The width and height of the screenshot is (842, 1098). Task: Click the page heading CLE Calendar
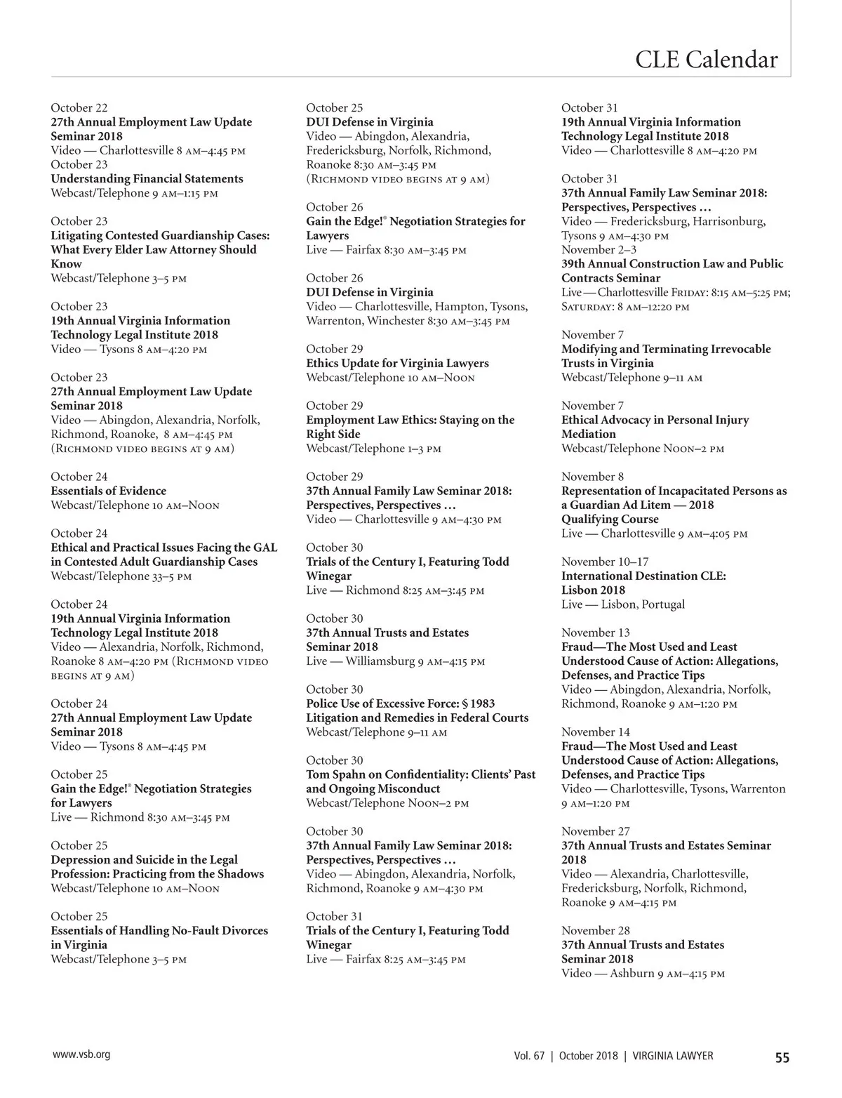point(706,59)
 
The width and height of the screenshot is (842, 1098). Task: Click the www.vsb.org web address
point(81,1054)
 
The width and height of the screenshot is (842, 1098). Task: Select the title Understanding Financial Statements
point(147,179)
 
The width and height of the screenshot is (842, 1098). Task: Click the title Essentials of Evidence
point(108,491)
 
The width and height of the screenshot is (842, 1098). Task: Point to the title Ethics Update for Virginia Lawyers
point(397,363)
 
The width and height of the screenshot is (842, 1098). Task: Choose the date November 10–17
point(605,562)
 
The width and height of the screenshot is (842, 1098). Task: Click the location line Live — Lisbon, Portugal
point(623,604)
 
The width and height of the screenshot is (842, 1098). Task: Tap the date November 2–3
point(599,250)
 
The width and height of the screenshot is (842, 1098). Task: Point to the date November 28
point(596,930)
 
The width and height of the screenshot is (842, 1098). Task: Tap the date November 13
point(596,633)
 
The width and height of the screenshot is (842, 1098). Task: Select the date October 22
point(79,107)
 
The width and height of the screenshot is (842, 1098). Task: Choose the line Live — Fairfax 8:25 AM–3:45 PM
point(385,959)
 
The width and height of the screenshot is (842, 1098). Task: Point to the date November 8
point(592,477)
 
